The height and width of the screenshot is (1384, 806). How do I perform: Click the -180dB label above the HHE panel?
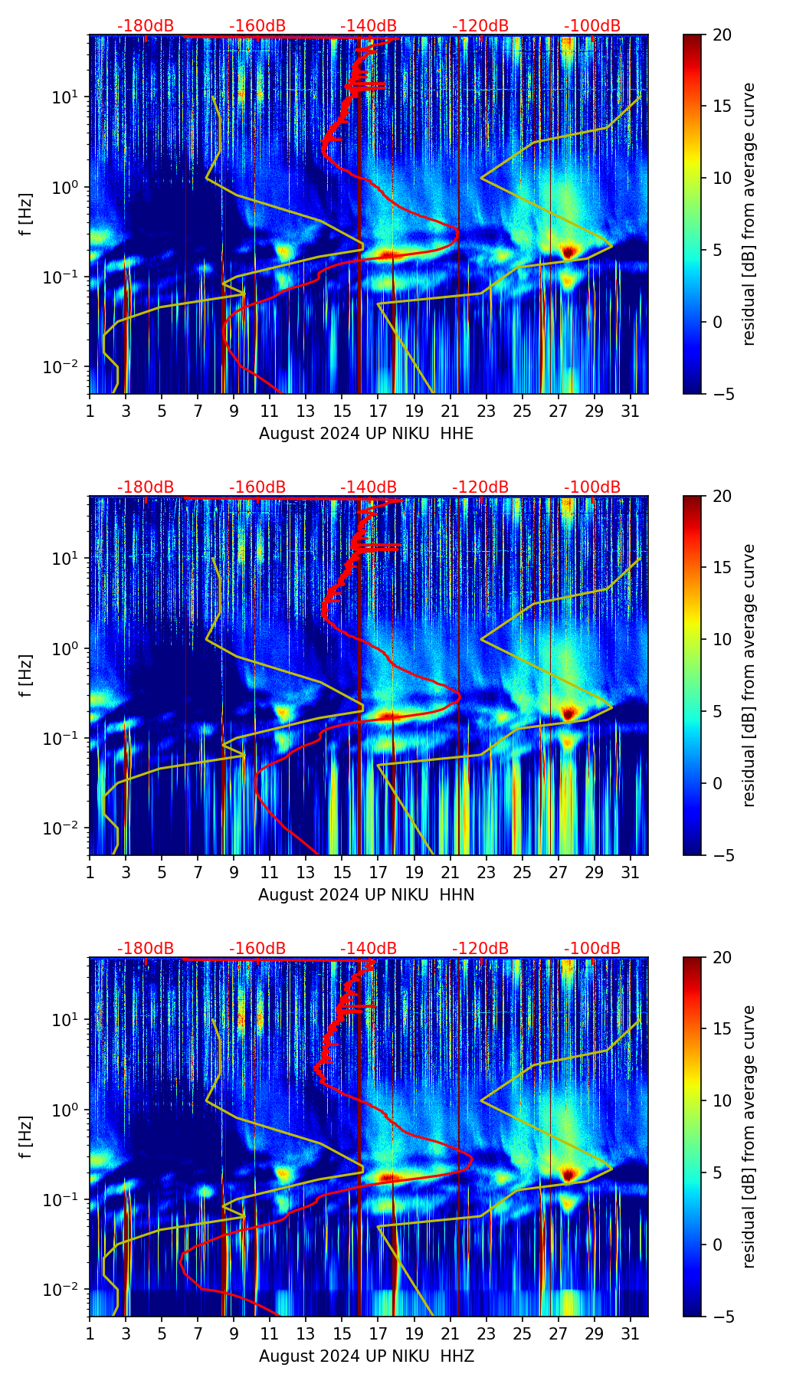coord(146,26)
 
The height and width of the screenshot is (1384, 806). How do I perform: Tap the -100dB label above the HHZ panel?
coord(592,949)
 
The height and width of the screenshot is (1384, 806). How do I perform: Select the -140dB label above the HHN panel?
coord(369,487)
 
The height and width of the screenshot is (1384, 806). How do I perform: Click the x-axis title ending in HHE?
coord(366,434)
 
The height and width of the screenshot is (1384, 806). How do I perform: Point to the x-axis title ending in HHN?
coord(366,895)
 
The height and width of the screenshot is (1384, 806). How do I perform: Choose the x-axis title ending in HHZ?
coord(366,1356)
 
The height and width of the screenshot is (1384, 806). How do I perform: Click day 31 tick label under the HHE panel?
coord(631,411)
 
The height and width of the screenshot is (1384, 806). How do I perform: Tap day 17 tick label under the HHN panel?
coord(378,872)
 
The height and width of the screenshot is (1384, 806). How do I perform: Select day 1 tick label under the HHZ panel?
coord(90,1333)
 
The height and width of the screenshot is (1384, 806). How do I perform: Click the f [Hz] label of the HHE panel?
coord(26,214)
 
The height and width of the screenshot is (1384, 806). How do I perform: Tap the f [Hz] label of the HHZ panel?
coord(26,1136)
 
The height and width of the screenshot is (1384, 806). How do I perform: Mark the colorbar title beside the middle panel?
coord(749,675)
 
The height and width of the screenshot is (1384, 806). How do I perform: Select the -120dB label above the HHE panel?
coord(480,26)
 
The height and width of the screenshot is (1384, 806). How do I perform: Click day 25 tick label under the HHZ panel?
coord(523,1333)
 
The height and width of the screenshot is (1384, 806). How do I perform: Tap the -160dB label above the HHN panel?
coord(257,487)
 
